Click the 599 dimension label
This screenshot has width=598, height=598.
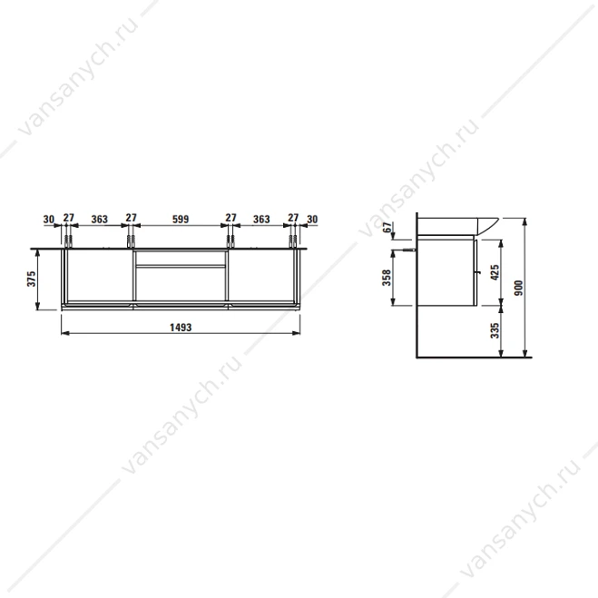(x=181, y=220)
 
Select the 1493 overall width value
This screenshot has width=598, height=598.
(x=181, y=328)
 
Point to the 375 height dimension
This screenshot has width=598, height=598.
(x=31, y=279)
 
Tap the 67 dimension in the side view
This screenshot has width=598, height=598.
(x=387, y=227)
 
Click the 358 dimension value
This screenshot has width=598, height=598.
(x=387, y=278)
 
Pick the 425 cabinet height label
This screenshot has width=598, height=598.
(x=495, y=273)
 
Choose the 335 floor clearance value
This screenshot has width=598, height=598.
(x=495, y=330)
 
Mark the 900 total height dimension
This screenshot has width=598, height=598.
(x=518, y=288)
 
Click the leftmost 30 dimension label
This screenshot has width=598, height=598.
(x=49, y=220)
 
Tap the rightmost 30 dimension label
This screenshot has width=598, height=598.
(x=312, y=220)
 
